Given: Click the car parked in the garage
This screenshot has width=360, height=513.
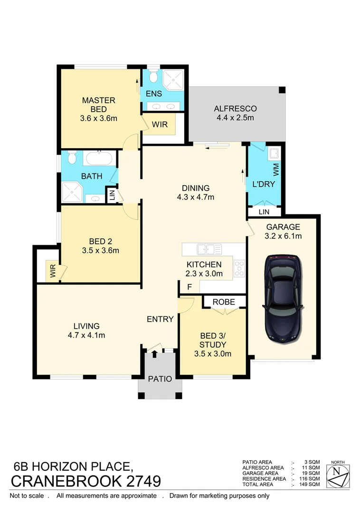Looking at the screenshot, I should pos(283,298).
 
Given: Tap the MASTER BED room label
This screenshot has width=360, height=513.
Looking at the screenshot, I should pos(98,109).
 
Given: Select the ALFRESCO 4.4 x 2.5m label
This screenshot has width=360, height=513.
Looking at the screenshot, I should pos(235,113).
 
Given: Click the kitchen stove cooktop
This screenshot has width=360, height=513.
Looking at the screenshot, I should pos(239,269).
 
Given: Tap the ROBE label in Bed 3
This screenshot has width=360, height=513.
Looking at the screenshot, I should pos(224,302).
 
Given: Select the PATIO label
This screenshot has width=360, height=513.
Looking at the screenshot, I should pos(160,379).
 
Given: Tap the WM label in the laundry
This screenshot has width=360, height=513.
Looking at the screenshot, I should pos(276,168).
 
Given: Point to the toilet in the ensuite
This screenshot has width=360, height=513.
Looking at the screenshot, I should pos(153,76).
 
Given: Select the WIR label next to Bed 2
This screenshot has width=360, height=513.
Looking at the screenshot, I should pos(51,272).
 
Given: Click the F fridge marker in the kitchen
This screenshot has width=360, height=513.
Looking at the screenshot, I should pos(189,287).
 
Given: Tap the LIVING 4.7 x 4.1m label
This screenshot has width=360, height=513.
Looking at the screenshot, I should pos(86,330).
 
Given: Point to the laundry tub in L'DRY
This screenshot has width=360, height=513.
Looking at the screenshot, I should pos(274,153).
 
